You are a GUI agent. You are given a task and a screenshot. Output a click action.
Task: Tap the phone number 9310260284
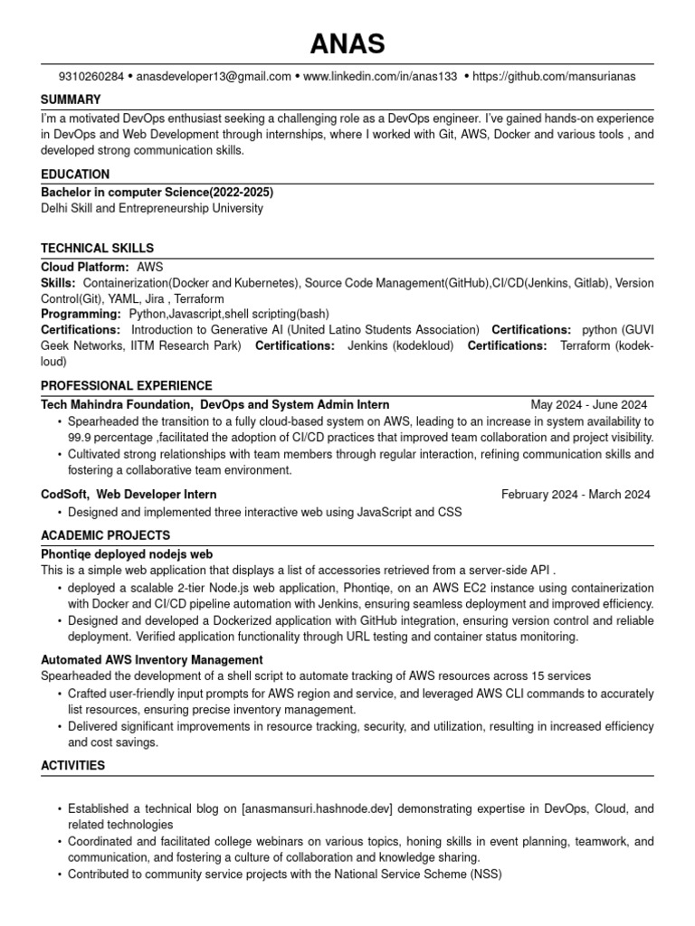click(x=90, y=77)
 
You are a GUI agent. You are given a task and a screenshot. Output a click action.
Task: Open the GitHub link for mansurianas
click(x=554, y=77)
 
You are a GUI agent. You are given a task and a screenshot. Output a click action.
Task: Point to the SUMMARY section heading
click(x=71, y=99)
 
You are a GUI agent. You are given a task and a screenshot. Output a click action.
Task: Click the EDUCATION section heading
click(x=75, y=174)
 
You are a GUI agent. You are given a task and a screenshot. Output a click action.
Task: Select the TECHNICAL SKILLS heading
click(x=97, y=248)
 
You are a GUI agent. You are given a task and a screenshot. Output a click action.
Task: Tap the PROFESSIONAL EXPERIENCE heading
click(x=127, y=385)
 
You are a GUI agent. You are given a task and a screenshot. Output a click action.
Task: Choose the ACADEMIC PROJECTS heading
click(x=105, y=535)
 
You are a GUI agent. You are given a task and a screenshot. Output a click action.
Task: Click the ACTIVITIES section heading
click(x=73, y=765)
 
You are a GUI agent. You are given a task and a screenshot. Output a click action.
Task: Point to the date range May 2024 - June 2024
click(x=589, y=405)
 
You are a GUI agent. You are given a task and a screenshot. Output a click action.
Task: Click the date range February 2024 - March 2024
click(x=576, y=495)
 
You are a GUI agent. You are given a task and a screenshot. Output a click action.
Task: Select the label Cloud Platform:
click(x=85, y=268)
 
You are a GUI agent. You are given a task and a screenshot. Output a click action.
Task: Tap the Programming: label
click(x=81, y=313)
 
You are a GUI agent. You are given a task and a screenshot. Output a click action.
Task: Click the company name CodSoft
click(x=64, y=495)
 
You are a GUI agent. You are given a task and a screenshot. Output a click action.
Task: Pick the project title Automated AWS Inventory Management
click(x=152, y=660)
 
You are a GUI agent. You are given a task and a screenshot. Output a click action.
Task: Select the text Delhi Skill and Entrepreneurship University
click(x=152, y=208)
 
